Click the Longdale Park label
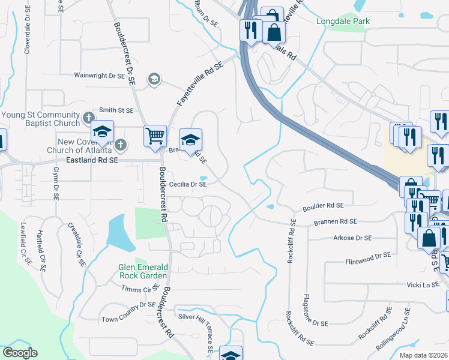343,22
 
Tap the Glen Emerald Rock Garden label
142,271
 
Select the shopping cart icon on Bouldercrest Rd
155,136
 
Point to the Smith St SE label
116,110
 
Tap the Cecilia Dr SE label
188,185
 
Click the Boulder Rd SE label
323,205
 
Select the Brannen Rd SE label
336,222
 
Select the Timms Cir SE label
139,289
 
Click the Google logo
20,353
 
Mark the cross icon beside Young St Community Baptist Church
88,117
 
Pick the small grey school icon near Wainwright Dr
154,79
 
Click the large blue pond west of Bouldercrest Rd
118,235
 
